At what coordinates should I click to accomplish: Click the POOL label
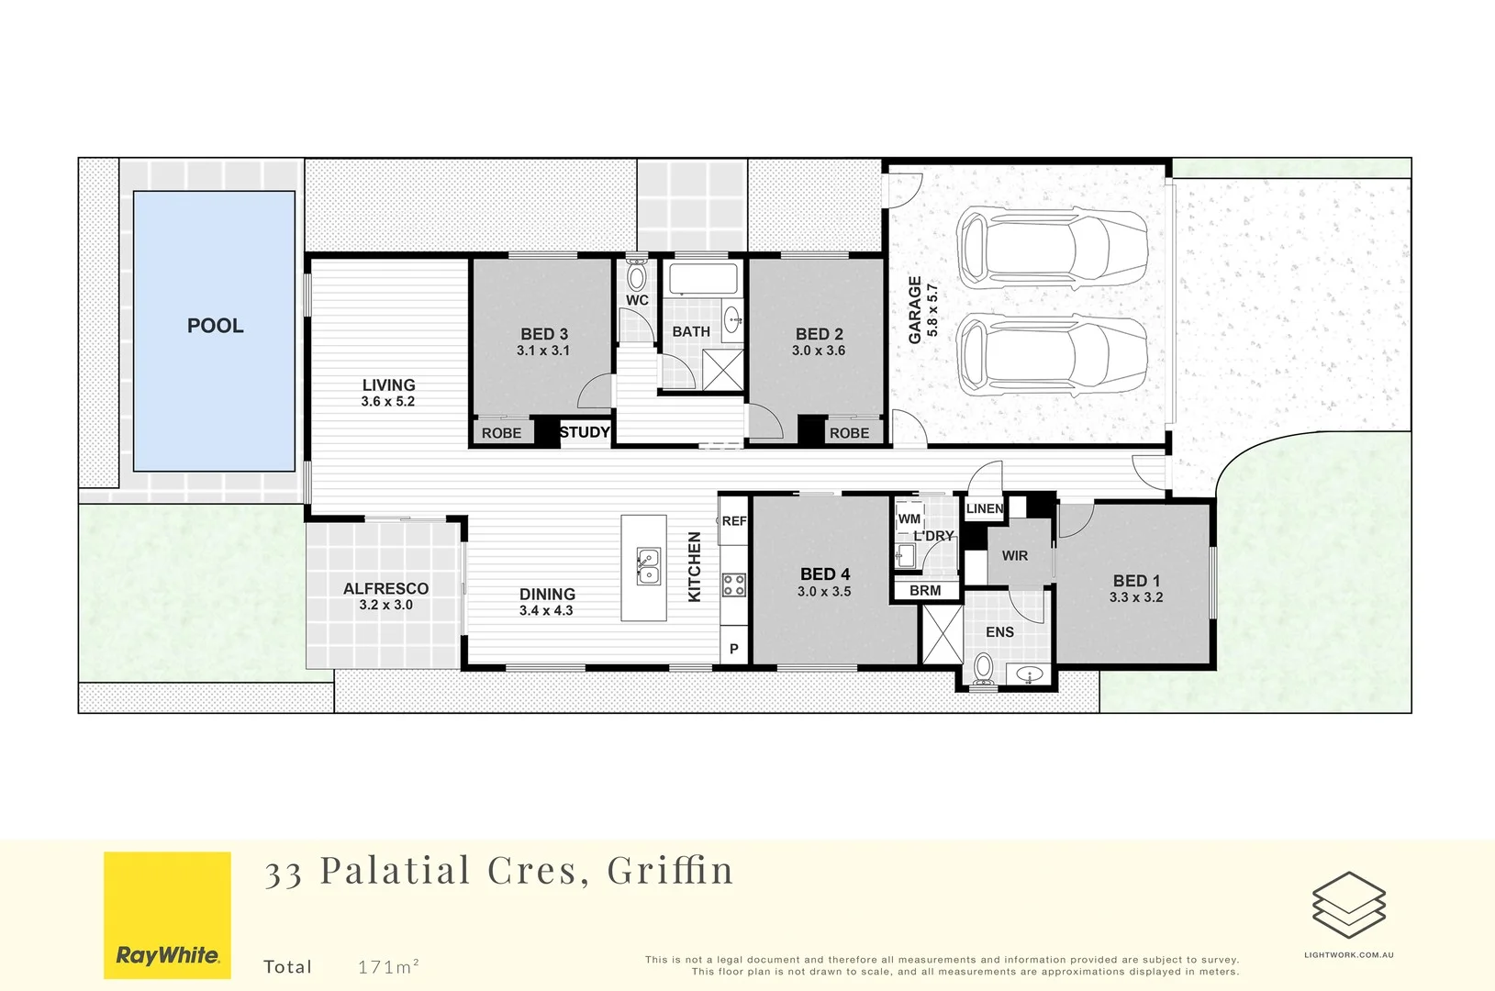pos(215,326)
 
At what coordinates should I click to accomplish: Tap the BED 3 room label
pos(544,334)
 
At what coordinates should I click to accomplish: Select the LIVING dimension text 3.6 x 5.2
pos(387,402)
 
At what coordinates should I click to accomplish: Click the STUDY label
pos(585,432)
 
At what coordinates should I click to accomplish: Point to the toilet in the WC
pos(636,277)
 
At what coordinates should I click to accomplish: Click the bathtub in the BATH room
pos(702,278)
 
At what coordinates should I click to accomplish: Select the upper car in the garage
pos(1051,248)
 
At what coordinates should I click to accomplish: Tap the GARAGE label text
pos(915,310)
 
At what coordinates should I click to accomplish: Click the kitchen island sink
pos(648,567)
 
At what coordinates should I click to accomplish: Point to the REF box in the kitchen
pos(734,521)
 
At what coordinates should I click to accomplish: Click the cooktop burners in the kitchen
pos(734,585)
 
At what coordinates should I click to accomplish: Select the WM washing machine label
pos(909,518)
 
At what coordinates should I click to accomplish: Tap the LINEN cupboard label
pos(984,508)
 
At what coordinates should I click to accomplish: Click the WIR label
pos(1014,555)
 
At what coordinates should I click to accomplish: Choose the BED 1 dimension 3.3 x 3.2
pos(1135,597)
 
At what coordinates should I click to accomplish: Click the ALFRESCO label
pos(385,588)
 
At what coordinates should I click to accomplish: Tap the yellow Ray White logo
pos(167,915)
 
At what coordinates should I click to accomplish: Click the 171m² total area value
pos(388,966)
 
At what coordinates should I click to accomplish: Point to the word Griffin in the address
pos(670,870)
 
